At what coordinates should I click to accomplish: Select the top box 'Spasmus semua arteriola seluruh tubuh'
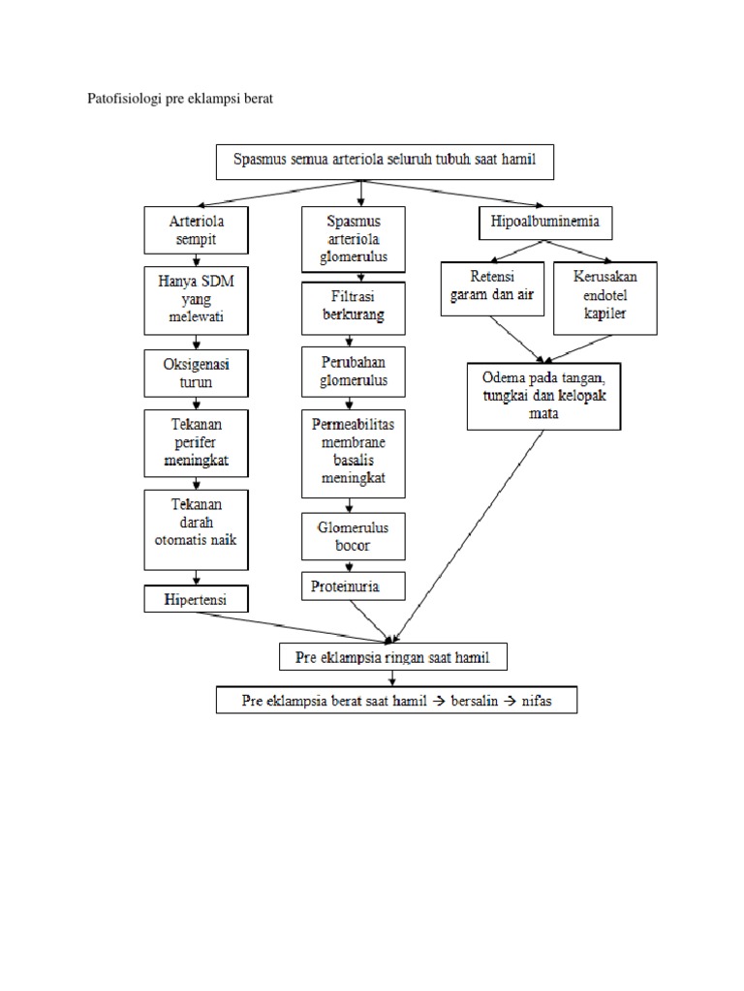tap(385, 162)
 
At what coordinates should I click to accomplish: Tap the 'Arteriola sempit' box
tap(196, 228)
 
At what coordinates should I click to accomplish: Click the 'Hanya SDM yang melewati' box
tap(196, 299)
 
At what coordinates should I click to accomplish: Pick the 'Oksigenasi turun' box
tap(196, 373)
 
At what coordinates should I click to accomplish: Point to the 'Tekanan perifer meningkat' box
tap(196, 443)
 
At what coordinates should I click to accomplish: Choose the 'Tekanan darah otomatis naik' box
tap(196, 524)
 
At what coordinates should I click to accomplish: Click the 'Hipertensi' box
tap(196, 600)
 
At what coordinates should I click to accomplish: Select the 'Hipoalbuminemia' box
tap(545, 222)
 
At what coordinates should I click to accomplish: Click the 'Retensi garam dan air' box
tap(492, 288)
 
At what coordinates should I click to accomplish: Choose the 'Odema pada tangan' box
tap(543, 396)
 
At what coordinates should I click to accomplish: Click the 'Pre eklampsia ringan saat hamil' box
tap(393, 658)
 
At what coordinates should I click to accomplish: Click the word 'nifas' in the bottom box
tap(535, 700)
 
